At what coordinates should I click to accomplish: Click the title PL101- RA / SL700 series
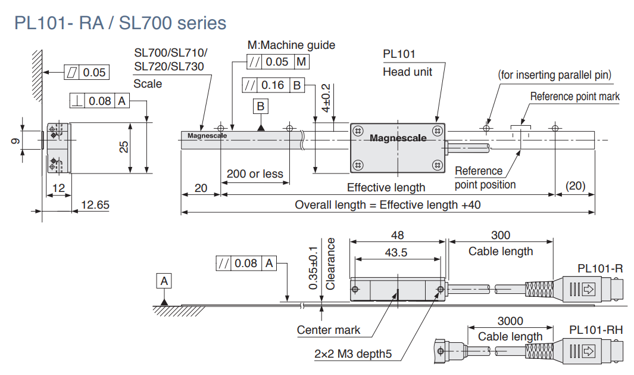click(120, 23)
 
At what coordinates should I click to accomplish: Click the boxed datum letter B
click(261, 107)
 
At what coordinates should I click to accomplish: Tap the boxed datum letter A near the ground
click(165, 280)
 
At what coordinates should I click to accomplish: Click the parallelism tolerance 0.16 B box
click(273, 85)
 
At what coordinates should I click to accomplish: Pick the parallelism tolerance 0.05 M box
click(278, 61)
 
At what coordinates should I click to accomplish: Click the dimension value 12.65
click(95, 205)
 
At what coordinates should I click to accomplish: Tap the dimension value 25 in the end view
click(124, 147)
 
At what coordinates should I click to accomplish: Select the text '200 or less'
click(255, 174)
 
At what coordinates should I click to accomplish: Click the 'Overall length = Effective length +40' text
click(388, 205)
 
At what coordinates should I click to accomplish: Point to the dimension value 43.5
click(396, 252)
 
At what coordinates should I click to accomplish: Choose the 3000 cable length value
click(510, 321)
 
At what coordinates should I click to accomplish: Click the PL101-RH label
click(596, 330)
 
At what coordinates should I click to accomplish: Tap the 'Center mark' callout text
click(329, 330)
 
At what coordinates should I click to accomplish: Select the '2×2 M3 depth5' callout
click(353, 354)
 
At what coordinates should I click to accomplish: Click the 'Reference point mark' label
click(574, 97)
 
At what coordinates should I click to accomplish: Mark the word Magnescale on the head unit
click(398, 138)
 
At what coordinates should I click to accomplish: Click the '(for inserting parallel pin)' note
click(555, 75)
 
